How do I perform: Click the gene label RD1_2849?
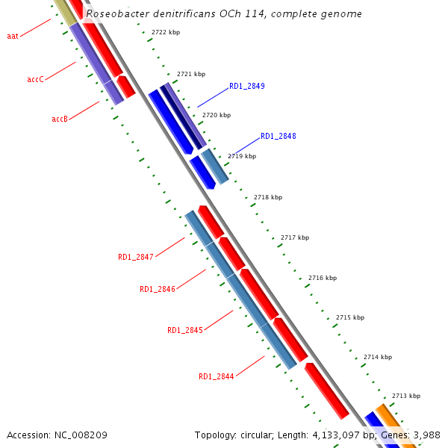tap(246, 86)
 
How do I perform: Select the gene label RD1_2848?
tap(278, 137)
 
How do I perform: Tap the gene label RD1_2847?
tap(135, 257)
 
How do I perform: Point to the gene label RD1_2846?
tap(157, 289)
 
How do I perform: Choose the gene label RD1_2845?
tap(184, 330)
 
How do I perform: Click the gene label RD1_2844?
tap(216, 376)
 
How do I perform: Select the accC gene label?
tap(35, 79)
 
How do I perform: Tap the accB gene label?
tap(60, 119)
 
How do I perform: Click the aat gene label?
tap(12, 36)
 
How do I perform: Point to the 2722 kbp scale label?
tap(165, 33)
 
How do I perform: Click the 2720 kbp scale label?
tap(216, 115)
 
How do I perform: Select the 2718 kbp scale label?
tap(267, 197)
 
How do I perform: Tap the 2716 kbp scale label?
tap(322, 278)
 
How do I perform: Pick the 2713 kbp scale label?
tap(405, 396)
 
